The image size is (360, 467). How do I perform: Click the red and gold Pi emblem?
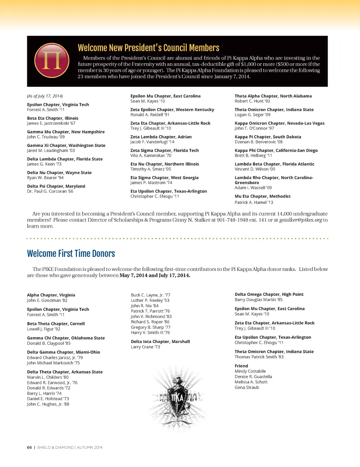[52, 60]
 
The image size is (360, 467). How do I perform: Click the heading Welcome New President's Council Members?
[148, 48]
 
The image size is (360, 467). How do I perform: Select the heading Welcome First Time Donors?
[71, 254]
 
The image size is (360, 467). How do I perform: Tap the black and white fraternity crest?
[177, 398]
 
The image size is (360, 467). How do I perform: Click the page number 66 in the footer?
[29, 447]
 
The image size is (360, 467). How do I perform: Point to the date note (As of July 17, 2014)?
[45, 96]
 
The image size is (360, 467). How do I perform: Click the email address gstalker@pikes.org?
[301, 220]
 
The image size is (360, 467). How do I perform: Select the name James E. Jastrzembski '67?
[51, 123]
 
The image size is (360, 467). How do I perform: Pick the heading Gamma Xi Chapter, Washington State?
[66, 145]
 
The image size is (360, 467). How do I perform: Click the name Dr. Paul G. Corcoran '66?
[50, 192]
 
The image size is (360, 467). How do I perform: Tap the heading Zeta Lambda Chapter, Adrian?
[161, 137]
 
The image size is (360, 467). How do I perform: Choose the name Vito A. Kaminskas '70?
[151, 156]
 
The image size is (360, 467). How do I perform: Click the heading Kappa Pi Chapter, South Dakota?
[268, 137]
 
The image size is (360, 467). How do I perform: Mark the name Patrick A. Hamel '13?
[254, 202]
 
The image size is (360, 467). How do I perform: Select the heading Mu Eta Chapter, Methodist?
[263, 196]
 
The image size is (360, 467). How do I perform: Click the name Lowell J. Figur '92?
[44, 329]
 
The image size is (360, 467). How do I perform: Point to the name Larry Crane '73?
[145, 347]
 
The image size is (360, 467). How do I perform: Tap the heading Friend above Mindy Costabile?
[241, 366]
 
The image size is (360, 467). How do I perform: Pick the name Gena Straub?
[247, 388]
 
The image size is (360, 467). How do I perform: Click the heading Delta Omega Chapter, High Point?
[269, 294]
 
